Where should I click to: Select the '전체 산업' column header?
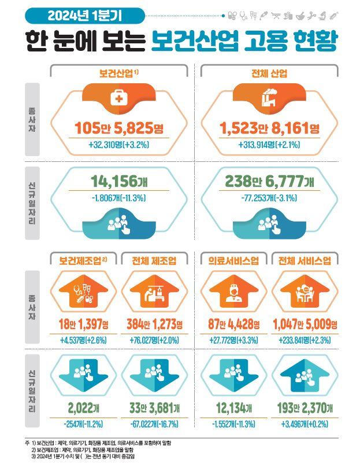(269, 73)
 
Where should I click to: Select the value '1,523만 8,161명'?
(269, 128)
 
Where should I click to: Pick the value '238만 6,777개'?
(269, 181)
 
